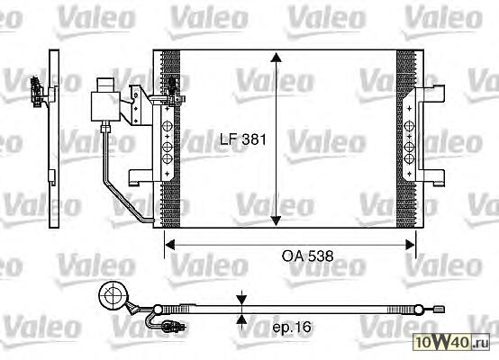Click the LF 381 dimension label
point(243,139)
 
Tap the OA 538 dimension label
point(308,256)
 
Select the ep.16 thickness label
point(292,327)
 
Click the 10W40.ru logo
point(452,342)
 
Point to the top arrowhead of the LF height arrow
point(276,58)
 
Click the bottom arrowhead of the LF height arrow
point(276,220)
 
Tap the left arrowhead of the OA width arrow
point(170,245)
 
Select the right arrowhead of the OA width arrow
point(410,245)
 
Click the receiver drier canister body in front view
point(105,106)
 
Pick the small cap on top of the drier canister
point(105,85)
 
